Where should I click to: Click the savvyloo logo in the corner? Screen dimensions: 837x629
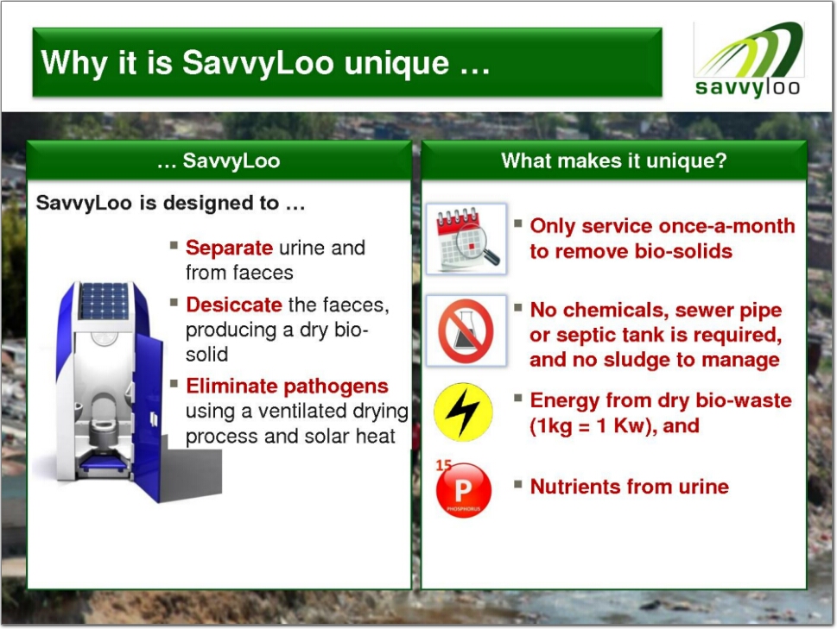pos(748,60)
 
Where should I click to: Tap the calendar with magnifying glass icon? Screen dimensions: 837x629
pos(466,239)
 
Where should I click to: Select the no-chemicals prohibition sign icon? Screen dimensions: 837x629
pos(466,330)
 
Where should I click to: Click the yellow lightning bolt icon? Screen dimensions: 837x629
pos(463,412)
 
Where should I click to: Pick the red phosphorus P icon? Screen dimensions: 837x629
pos(463,490)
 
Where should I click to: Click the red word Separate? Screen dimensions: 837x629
pos(230,248)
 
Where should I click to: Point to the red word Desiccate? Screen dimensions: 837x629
pos(234,305)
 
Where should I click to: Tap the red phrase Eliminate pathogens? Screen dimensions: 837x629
pos(287,386)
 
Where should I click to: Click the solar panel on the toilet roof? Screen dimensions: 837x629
pos(104,300)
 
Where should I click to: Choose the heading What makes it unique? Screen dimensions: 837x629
pos(614,160)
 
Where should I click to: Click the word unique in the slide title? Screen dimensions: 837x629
pos(396,64)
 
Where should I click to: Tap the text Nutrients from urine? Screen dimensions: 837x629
pos(630,487)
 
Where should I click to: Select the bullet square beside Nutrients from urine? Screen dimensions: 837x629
pos(517,484)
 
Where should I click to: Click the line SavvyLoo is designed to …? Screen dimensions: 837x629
pos(170,203)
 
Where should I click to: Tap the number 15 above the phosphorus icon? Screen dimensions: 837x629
pos(444,465)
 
